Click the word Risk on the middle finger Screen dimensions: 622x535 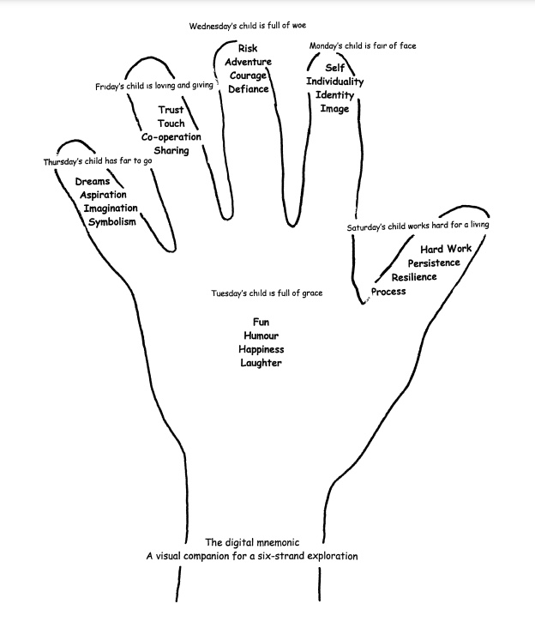(x=248, y=49)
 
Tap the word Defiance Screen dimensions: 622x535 (x=249, y=89)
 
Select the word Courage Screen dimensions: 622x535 (x=249, y=75)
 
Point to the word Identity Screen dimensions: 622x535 (x=334, y=95)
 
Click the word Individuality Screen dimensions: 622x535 (x=335, y=82)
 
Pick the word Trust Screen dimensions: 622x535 (x=171, y=110)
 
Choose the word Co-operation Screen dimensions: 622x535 (x=171, y=137)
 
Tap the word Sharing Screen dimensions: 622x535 (x=171, y=151)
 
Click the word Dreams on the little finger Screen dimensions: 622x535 (x=93, y=182)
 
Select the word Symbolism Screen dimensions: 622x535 (x=111, y=223)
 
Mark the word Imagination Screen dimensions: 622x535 (x=111, y=209)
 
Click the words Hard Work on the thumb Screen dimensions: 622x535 (x=446, y=249)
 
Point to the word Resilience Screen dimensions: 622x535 (x=414, y=277)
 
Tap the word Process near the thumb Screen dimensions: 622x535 (x=388, y=292)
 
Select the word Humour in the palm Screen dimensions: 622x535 (x=261, y=336)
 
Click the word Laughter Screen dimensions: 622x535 (x=261, y=364)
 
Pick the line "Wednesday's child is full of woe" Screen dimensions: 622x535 (x=248, y=27)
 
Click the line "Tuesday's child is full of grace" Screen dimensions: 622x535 (x=267, y=294)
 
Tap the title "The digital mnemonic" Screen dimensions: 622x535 (x=251, y=542)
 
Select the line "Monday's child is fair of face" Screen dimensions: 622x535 (x=363, y=46)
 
